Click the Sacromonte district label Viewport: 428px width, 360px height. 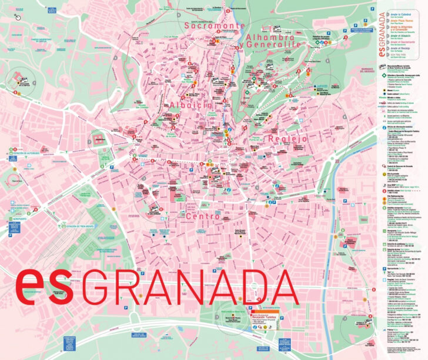point(213,26)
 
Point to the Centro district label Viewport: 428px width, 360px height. point(202,216)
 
